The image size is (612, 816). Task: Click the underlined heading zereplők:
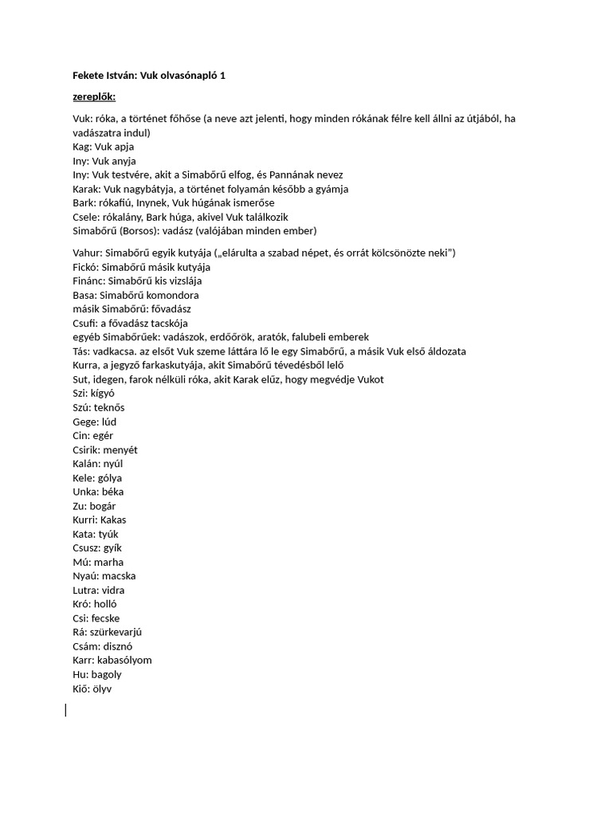(93, 96)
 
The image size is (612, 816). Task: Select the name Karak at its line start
(84, 189)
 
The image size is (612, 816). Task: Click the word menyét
(120, 449)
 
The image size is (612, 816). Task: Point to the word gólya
(108, 477)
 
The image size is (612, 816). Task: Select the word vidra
(112, 590)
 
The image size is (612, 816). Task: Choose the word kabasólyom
(123, 660)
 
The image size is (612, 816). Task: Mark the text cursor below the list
(65, 709)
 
